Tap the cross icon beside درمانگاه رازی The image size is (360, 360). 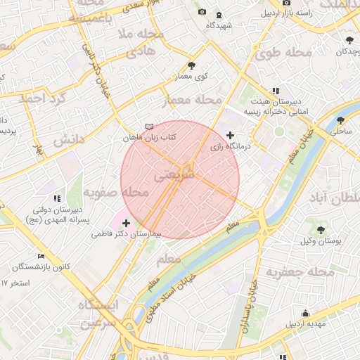pos(230,135)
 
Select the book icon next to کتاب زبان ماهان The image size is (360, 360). pos(148,126)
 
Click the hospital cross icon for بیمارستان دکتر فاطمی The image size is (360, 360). pos(126,224)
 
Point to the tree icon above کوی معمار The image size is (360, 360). pos(192,65)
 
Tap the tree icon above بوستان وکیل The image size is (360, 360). pos(321,230)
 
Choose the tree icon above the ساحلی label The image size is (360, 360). pos(341,120)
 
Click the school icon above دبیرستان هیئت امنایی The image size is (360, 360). pos(276,91)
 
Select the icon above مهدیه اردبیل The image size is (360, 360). pos(305,314)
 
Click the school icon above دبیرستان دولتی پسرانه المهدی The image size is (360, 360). pos(57,199)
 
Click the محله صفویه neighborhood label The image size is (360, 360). pos(115,192)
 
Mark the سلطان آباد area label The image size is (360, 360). pos(334,199)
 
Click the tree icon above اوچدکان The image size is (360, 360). pos(349,39)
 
